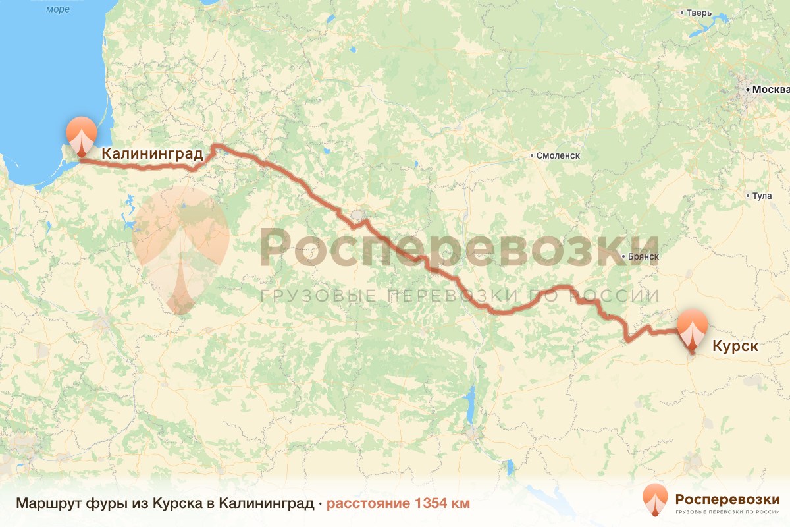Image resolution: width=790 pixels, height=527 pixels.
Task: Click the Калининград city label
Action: (152, 154)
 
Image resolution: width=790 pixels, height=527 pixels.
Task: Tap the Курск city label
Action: (735, 346)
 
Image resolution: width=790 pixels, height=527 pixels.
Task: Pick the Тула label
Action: (762, 196)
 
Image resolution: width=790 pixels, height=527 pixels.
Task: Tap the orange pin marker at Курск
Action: (693, 330)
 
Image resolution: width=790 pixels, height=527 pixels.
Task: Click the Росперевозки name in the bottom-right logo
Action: (727, 498)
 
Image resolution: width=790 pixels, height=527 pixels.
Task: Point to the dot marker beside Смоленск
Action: (532, 156)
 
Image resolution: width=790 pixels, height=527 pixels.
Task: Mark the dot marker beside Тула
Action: (747, 196)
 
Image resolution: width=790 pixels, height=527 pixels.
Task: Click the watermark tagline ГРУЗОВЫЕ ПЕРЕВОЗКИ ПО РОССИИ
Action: (460, 295)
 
